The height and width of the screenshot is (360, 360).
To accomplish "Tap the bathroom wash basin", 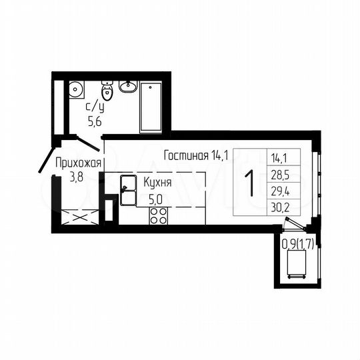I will [128, 87].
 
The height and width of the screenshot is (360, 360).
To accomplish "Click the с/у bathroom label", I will [95, 107].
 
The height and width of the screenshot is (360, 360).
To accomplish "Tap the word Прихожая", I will [78, 162].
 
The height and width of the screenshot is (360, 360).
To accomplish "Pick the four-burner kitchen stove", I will [158, 215].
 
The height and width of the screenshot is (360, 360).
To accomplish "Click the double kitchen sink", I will [127, 189].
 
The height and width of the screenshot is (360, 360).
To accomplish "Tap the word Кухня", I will [158, 181].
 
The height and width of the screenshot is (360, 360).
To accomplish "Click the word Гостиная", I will [186, 156].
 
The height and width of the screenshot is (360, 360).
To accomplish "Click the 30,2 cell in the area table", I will [280, 206].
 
